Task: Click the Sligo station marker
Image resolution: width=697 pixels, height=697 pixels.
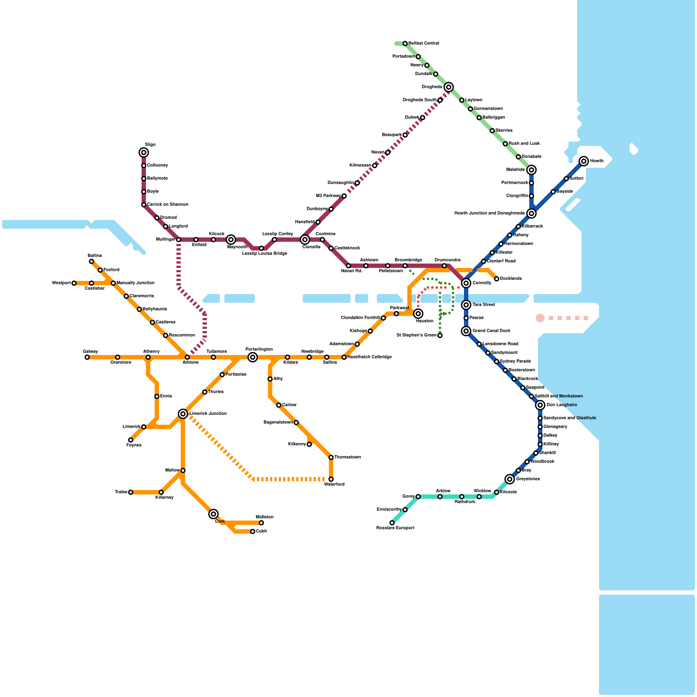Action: [x=144, y=152]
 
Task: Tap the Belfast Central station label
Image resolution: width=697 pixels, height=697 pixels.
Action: [x=424, y=43]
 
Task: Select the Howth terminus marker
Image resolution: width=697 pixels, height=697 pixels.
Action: [x=584, y=161]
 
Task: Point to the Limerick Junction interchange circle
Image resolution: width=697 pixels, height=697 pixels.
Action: [x=183, y=414]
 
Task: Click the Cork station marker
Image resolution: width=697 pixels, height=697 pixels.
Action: [x=213, y=514]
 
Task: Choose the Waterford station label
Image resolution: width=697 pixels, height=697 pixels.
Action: [x=334, y=484]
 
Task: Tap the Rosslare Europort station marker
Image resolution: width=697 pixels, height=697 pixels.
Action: [x=392, y=523]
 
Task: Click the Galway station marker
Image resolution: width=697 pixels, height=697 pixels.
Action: [x=87, y=357]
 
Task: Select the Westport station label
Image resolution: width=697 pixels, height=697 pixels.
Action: [x=61, y=283]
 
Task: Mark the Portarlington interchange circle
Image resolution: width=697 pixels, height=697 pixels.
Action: [x=253, y=357]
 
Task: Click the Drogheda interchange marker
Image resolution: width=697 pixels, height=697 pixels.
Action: [x=449, y=87]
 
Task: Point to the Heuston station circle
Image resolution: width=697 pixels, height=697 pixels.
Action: [x=418, y=314]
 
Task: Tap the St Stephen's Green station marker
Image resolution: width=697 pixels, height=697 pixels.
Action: [x=440, y=335]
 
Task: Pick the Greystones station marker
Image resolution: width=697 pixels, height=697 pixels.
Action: [x=510, y=479]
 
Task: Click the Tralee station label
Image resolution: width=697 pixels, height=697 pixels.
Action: [x=121, y=492]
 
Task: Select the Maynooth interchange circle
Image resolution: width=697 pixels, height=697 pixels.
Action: [x=231, y=240]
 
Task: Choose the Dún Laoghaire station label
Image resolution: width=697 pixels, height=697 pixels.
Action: [x=562, y=405]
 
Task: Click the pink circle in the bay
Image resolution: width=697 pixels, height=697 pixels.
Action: [x=540, y=318]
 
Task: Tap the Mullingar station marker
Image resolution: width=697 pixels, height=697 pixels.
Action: [x=179, y=240]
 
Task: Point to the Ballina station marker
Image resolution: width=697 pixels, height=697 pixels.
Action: [x=91, y=261]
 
